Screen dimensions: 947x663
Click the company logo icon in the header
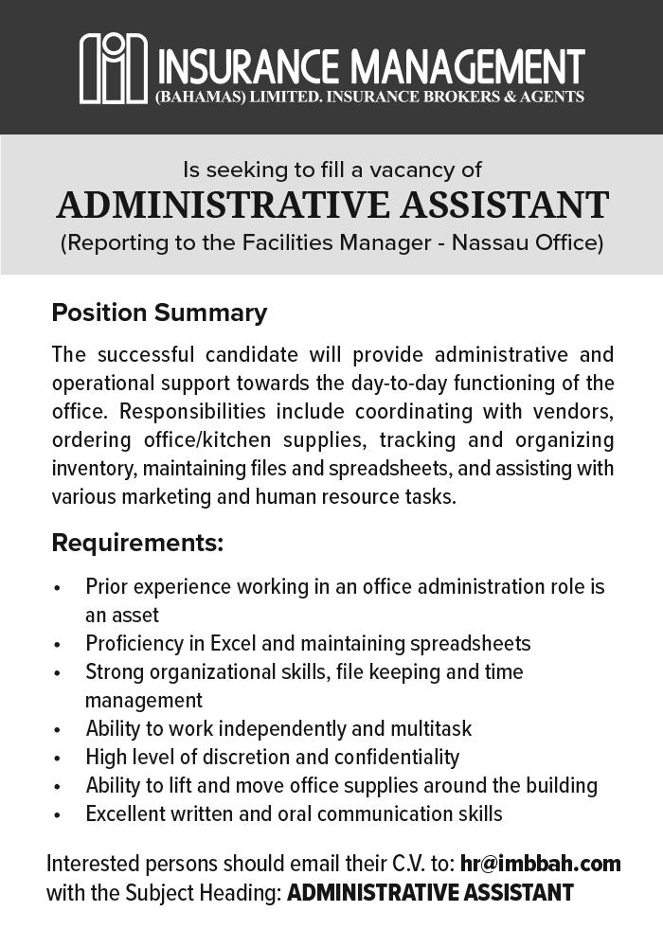pyautogui.click(x=114, y=68)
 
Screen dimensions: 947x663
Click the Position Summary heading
pyautogui.click(x=159, y=313)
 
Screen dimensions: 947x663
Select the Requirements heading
pyautogui.click(x=137, y=544)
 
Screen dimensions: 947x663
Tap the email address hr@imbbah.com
pyautogui.click(x=540, y=864)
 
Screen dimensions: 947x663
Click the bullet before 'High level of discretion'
pyautogui.click(x=58, y=759)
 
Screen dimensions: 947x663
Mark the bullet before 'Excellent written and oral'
pyautogui.click(x=58, y=815)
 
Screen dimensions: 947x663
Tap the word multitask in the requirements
pyautogui.click(x=430, y=729)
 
